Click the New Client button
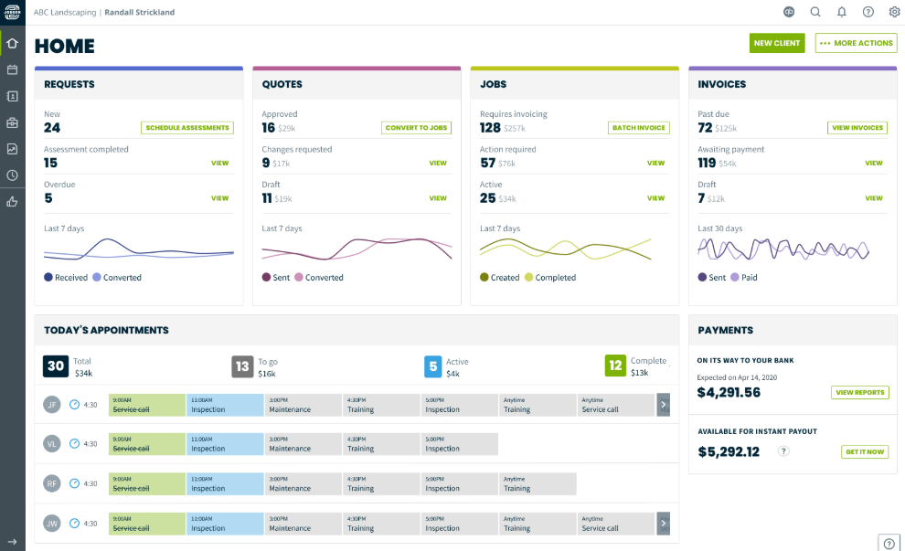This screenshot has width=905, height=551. (x=777, y=43)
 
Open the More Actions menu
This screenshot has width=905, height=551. (x=856, y=43)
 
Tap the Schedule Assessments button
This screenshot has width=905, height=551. (x=187, y=128)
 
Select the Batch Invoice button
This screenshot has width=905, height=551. (x=639, y=128)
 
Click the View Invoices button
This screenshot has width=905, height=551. (x=857, y=128)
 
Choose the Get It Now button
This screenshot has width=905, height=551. (x=864, y=451)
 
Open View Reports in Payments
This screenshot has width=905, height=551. (x=859, y=392)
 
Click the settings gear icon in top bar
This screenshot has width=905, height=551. (x=894, y=12)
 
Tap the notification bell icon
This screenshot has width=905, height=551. (x=842, y=12)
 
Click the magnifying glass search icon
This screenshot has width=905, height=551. (x=815, y=12)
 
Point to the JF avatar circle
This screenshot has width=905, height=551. (x=53, y=404)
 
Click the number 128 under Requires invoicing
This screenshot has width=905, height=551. (x=490, y=128)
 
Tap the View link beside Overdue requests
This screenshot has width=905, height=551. (x=219, y=198)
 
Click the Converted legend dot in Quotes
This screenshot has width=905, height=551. (x=299, y=278)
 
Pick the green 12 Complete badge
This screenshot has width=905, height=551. (x=615, y=366)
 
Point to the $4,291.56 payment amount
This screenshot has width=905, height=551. (x=729, y=392)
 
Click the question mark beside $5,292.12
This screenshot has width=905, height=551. (x=783, y=451)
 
